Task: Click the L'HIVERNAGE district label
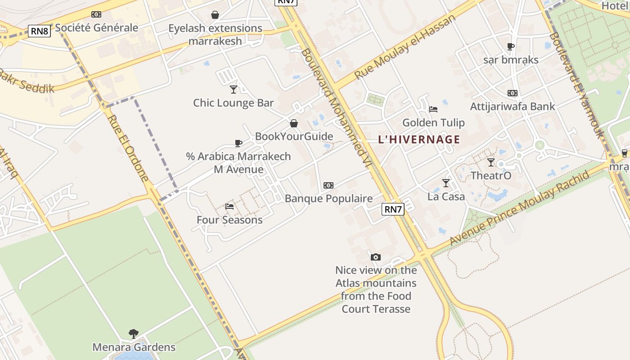419,139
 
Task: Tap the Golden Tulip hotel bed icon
433,109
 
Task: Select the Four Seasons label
229,220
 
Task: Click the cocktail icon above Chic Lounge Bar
233,89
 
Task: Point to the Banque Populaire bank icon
328,185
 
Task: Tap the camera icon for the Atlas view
376,257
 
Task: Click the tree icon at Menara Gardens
133,333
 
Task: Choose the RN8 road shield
40,31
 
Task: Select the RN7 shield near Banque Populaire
393,209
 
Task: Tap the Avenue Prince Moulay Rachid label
520,208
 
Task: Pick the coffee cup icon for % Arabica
238,143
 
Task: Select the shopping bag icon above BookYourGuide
294,123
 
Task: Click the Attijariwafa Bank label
513,107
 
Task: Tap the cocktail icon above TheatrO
490,162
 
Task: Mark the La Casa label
446,197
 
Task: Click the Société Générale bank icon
96,14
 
